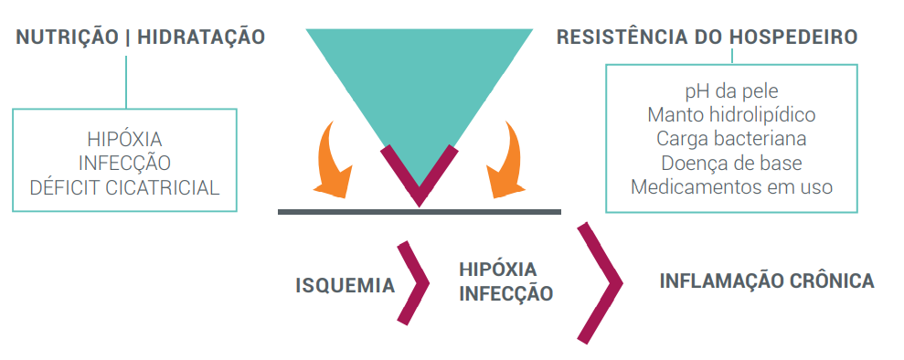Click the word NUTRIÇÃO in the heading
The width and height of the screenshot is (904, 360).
tap(66, 37)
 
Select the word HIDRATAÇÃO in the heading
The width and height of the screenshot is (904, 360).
tap(199, 37)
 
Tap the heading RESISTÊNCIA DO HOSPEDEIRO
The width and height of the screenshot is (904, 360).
tap(707, 37)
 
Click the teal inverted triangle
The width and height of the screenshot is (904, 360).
tap(419, 82)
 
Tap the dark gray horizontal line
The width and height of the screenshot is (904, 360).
tap(419, 212)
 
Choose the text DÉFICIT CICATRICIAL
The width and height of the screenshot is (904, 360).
tap(124, 187)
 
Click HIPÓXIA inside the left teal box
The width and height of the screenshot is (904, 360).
tap(124, 140)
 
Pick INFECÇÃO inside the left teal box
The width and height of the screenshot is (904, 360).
tap(124, 164)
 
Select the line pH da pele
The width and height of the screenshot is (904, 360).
tap(731, 91)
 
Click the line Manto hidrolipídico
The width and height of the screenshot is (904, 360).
tap(731, 115)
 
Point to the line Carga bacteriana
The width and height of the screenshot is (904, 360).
tap(731, 139)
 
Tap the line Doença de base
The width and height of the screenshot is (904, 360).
tap(731, 163)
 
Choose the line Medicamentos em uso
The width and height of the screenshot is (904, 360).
tap(731, 186)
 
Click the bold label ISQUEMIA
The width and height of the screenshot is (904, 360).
tap(345, 286)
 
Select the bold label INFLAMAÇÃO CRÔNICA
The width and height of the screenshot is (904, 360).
tap(767, 281)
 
